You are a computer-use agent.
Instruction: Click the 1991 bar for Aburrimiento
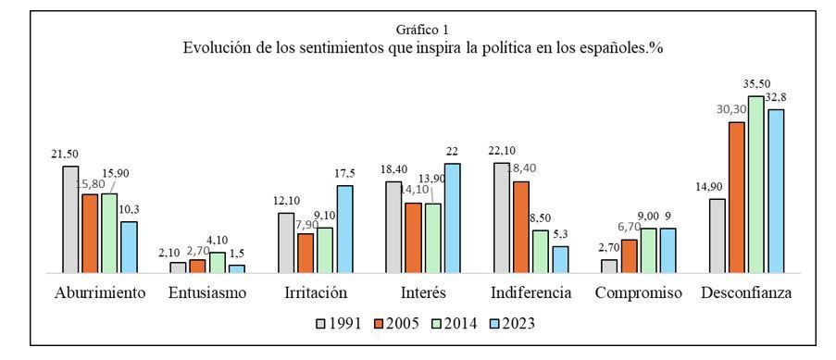point(70,219)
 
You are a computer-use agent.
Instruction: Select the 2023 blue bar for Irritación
point(345,230)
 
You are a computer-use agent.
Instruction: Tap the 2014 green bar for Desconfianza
point(755,184)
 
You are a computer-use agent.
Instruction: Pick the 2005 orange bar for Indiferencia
point(521,228)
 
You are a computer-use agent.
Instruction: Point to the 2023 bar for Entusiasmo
point(237,268)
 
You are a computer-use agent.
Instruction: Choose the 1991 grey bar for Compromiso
point(609,267)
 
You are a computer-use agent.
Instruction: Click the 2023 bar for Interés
point(453,218)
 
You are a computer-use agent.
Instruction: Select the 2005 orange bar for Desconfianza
point(736,197)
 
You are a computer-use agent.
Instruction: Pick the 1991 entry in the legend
point(339,323)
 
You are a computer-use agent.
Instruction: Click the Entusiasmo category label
point(207,292)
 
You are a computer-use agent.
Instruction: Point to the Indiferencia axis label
point(531,292)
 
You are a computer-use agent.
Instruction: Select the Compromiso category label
point(638,293)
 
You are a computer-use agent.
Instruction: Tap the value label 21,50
point(65,155)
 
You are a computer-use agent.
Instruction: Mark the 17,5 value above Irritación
point(344,174)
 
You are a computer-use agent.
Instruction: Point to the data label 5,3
point(560,234)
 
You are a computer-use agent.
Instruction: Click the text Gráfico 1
point(418,29)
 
